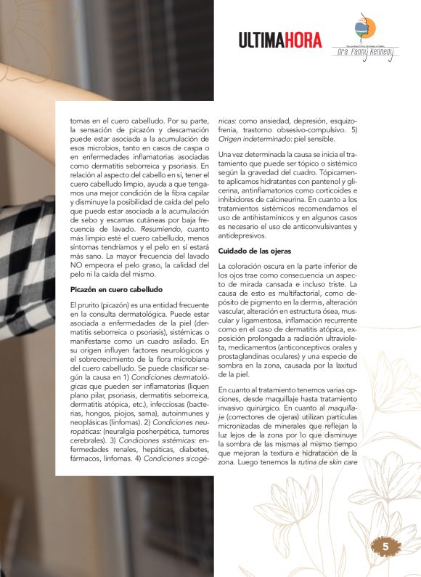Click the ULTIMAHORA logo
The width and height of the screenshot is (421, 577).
(280, 41)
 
